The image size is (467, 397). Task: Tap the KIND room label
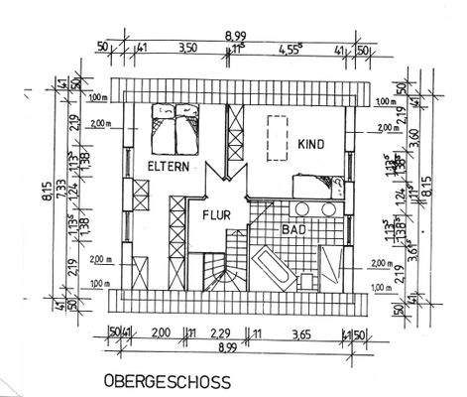(x=310, y=144)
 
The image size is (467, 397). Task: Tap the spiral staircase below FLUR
(x=215, y=271)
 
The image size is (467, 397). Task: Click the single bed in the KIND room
(x=315, y=185)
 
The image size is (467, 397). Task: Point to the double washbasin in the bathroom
(x=314, y=210)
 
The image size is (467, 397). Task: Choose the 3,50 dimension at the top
(x=185, y=47)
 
